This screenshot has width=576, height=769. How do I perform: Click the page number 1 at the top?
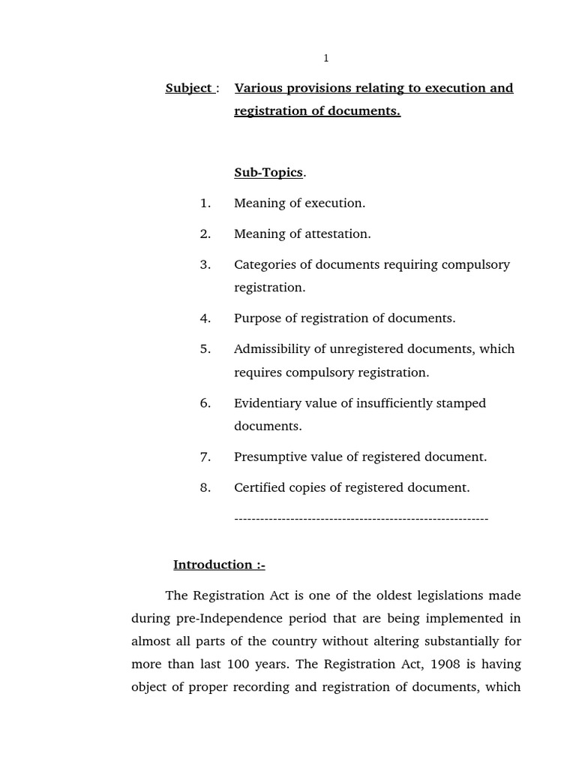coord(325,59)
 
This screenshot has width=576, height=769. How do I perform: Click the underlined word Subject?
coord(188,88)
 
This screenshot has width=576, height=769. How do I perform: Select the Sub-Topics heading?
coord(268,173)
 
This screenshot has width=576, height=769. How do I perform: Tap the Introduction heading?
coord(219,565)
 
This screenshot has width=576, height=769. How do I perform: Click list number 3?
coord(205,264)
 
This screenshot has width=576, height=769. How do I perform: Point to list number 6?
coord(205,403)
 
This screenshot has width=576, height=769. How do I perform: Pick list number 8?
coord(205,487)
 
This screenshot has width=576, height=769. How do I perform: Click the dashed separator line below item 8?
coord(361,519)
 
